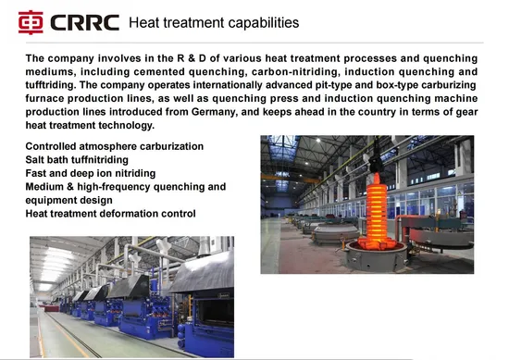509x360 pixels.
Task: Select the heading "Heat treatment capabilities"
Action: [x=213, y=21]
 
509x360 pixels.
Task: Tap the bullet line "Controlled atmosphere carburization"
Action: [x=115, y=146]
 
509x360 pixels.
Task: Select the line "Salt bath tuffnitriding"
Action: [x=83, y=159]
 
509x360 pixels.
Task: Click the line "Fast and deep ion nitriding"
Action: [x=91, y=172]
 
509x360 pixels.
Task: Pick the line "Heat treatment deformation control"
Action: [x=110, y=213]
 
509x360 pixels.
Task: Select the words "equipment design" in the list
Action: [x=68, y=200]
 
